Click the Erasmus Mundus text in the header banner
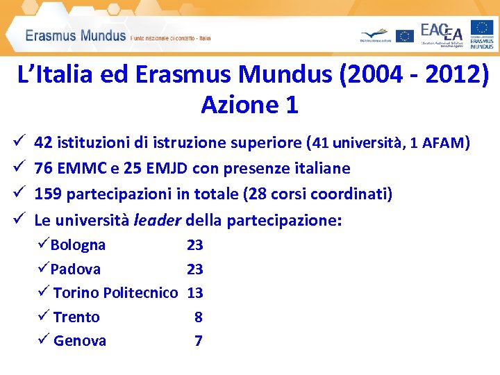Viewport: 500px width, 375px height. coord(76,35)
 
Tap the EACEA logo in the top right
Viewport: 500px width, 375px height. coord(442,33)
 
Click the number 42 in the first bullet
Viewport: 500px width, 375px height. coord(43,144)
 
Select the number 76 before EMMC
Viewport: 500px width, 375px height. coord(43,169)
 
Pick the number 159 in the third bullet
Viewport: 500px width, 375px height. coord(48,194)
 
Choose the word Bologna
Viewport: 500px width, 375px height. coord(78,245)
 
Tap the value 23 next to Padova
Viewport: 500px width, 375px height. coord(194,269)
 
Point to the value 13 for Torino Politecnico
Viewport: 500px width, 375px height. coord(195,293)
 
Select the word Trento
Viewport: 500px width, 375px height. coord(76,317)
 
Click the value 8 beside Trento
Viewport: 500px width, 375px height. coord(199,317)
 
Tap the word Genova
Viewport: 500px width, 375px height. coord(80,341)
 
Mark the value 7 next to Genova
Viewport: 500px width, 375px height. coord(199,341)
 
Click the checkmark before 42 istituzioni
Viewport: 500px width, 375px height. coord(18,144)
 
